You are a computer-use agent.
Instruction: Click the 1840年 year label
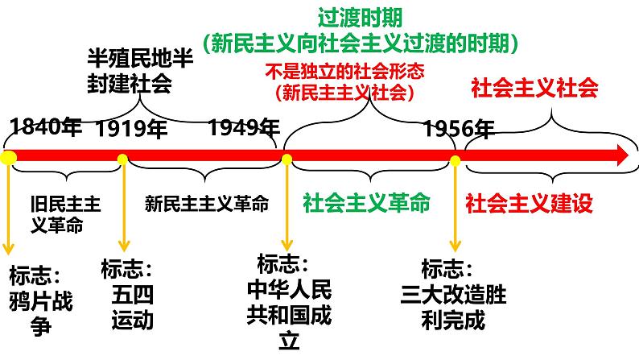(46, 126)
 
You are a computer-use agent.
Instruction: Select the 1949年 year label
(244, 128)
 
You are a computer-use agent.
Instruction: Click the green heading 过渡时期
(361, 17)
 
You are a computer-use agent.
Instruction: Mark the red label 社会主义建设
(529, 203)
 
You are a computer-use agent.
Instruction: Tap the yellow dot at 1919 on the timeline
(123, 159)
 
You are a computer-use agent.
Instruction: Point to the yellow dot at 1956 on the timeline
(456, 160)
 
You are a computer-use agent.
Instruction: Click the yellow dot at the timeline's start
(9, 159)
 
